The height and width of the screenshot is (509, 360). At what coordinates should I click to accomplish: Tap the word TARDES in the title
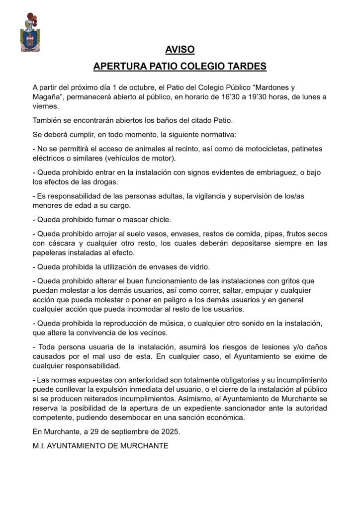click(x=247, y=66)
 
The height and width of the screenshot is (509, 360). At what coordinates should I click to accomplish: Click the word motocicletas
click(x=267, y=149)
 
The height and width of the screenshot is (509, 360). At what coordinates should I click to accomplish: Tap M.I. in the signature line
click(x=39, y=446)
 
